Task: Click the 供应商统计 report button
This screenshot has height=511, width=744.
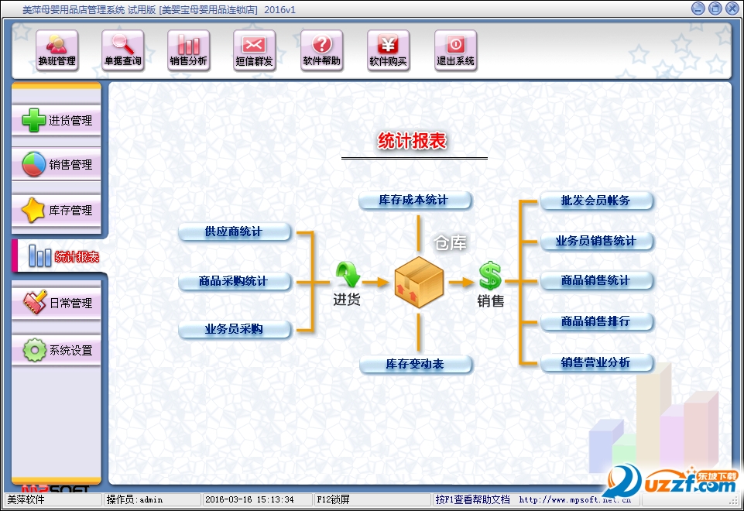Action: (235, 231)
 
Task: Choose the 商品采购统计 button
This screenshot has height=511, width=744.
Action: (235, 281)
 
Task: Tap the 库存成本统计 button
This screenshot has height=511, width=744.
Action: (414, 200)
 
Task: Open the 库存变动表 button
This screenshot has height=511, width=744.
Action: (415, 364)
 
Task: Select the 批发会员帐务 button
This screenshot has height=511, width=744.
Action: (596, 201)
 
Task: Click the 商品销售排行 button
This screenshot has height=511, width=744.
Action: (596, 321)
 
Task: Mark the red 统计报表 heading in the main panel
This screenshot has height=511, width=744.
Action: (413, 141)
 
